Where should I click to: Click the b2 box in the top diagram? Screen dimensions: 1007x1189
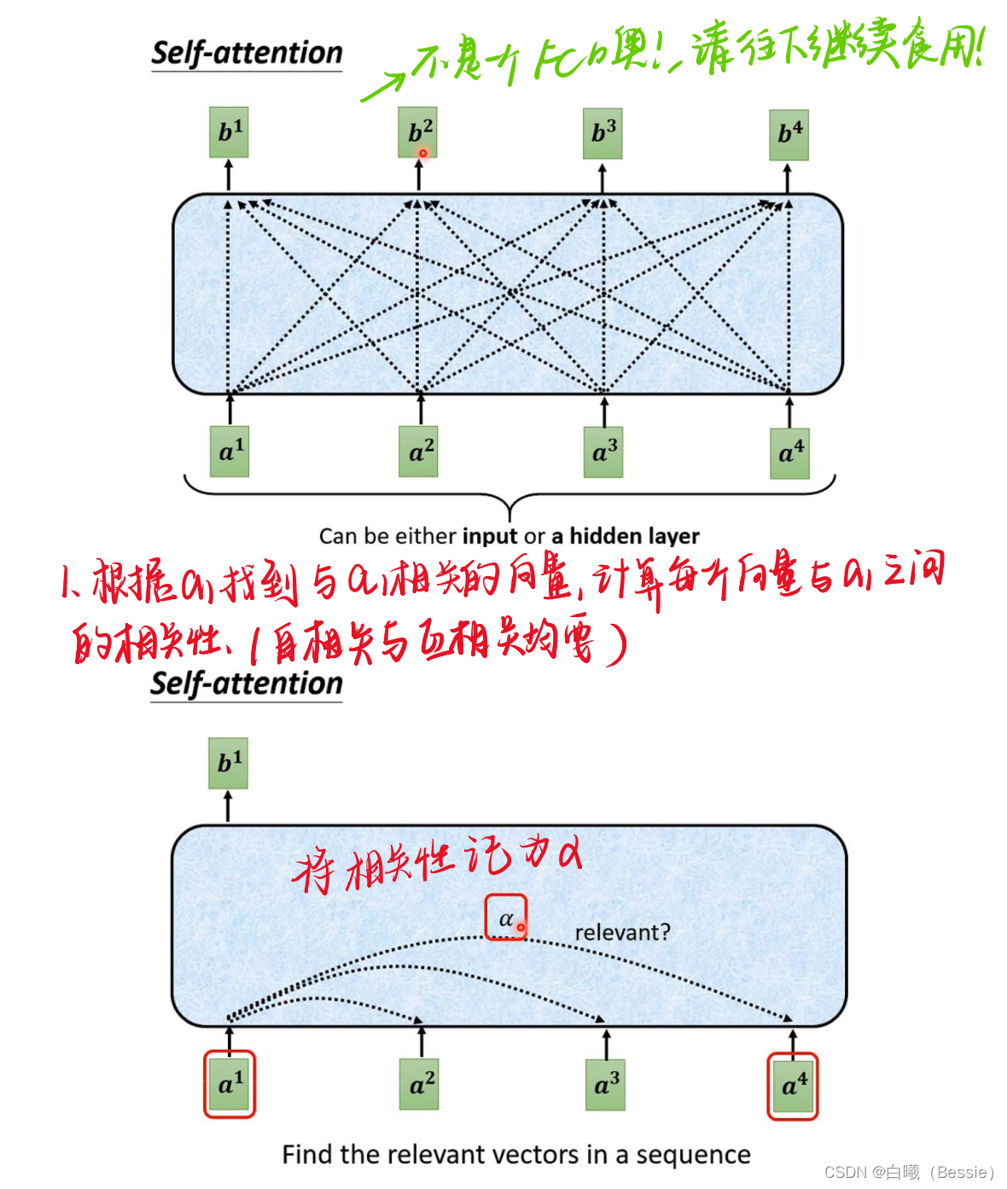[x=418, y=132]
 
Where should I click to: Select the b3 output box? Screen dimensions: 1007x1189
[x=602, y=133]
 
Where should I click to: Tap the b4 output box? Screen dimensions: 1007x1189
[x=789, y=135]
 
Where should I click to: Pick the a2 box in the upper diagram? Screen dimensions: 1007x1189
[x=418, y=452]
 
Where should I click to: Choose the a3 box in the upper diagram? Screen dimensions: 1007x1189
[x=603, y=452]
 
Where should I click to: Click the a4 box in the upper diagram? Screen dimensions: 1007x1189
[x=789, y=452]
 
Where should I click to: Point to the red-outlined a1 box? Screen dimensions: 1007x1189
[x=229, y=1084]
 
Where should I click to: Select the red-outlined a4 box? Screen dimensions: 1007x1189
[x=793, y=1086]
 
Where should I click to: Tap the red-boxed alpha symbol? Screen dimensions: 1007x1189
[x=506, y=918]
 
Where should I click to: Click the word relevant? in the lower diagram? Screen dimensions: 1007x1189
[x=622, y=932]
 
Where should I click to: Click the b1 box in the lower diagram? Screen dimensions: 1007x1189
[x=228, y=762]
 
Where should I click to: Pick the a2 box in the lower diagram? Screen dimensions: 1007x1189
[x=419, y=1085]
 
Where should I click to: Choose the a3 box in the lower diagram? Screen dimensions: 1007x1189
[x=605, y=1085]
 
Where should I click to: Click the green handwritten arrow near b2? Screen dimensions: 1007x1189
[x=383, y=86]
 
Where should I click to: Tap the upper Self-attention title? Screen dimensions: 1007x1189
[x=247, y=53]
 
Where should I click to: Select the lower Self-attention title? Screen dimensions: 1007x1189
[x=246, y=684]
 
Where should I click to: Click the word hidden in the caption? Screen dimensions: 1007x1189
[x=603, y=536]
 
